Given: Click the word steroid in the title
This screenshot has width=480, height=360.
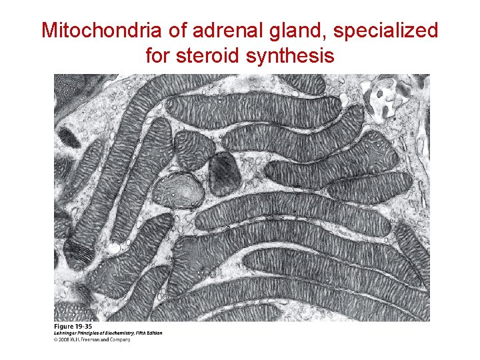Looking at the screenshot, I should [x=209, y=56].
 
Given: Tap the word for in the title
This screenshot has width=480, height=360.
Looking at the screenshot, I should [x=159, y=56].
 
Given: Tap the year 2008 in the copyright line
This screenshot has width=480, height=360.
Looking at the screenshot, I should [x=63, y=339].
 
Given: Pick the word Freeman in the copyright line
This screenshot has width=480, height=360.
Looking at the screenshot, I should [x=91, y=339].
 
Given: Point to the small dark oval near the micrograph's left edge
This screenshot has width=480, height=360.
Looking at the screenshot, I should [x=67, y=137].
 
